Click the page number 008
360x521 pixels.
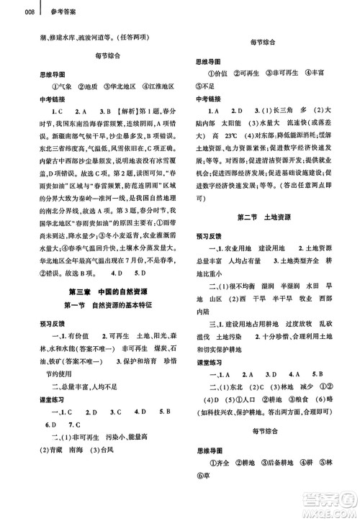9,12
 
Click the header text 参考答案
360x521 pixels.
39,12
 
